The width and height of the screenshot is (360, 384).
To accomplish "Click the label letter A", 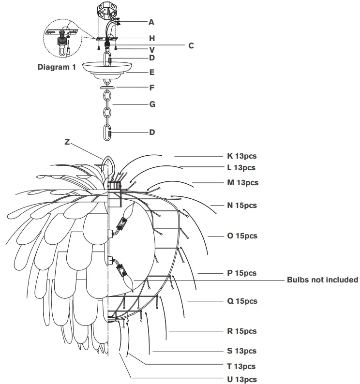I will tap(151, 22).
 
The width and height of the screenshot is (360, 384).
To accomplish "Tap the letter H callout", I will tap(151, 38).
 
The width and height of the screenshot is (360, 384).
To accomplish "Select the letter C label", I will tap(191, 45).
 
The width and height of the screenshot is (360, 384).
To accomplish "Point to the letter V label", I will tap(151, 49).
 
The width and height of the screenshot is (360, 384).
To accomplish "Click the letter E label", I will tap(151, 73).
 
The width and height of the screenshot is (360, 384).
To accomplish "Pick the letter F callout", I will tap(151, 88).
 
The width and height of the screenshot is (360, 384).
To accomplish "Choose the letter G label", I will tap(151, 104).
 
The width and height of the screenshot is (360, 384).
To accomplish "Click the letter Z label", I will tap(67, 142).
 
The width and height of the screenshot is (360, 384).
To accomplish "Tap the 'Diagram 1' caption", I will tap(57, 67).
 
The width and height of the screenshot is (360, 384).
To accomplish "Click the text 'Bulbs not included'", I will tap(322, 280).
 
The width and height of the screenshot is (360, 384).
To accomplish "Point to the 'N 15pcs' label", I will tap(242, 206).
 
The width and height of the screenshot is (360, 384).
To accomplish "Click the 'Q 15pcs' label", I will tap(242, 301).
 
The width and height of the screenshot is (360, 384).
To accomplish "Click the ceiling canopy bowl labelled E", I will tap(109, 69).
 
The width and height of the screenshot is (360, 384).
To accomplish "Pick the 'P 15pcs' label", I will tap(241, 273).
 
